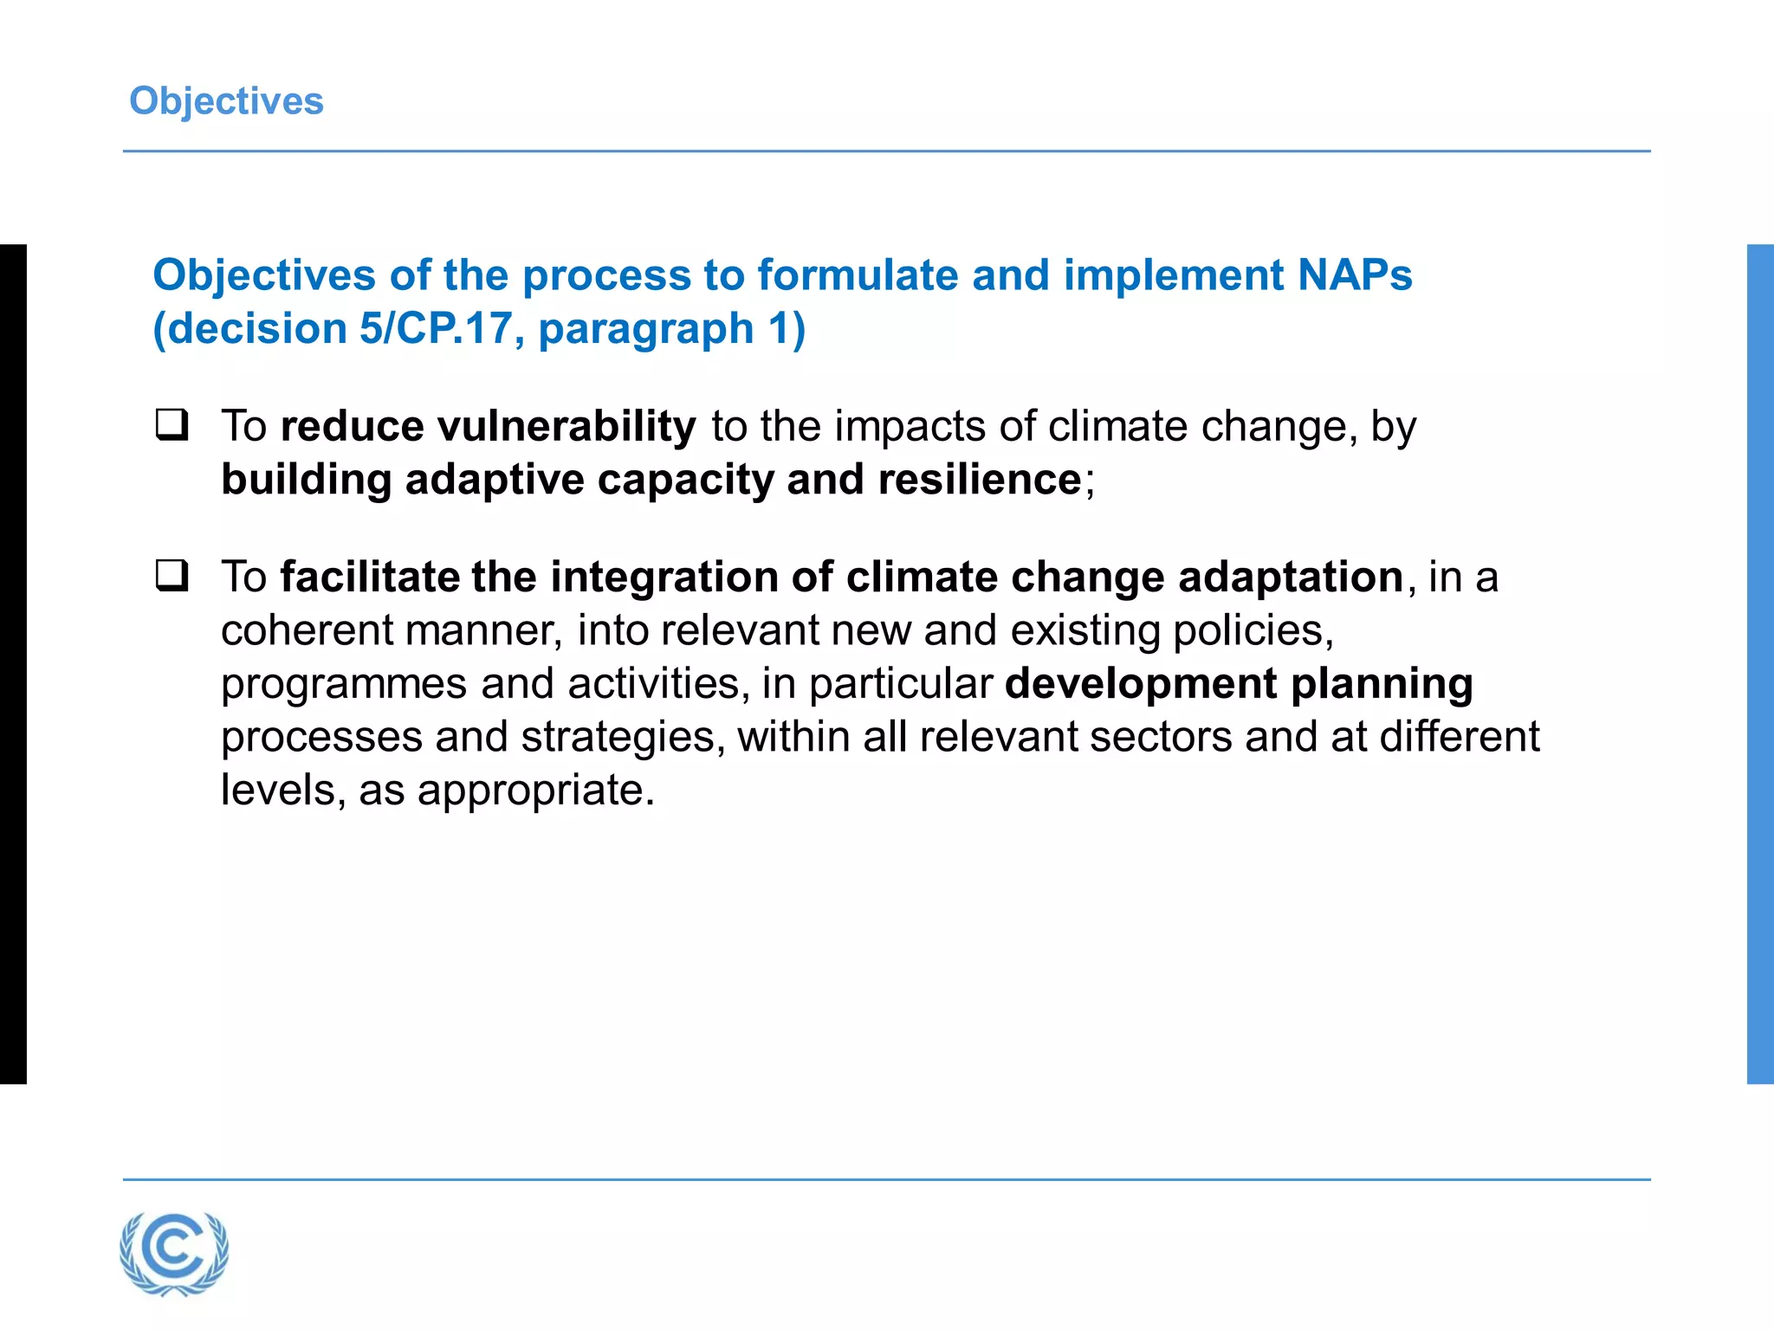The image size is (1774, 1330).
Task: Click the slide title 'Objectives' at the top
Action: point(226,101)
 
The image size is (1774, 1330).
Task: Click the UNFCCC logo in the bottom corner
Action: point(174,1253)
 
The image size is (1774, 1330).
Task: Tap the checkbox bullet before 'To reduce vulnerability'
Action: point(172,425)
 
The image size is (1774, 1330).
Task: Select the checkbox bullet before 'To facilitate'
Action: point(172,576)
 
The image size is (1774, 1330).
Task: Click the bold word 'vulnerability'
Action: point(567,426)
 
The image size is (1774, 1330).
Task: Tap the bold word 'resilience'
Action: point(980,480)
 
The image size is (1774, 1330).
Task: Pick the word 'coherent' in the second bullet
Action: point(306,630)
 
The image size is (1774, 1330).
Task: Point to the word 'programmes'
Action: point(344,685)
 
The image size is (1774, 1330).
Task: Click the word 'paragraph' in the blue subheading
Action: point(646,329)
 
